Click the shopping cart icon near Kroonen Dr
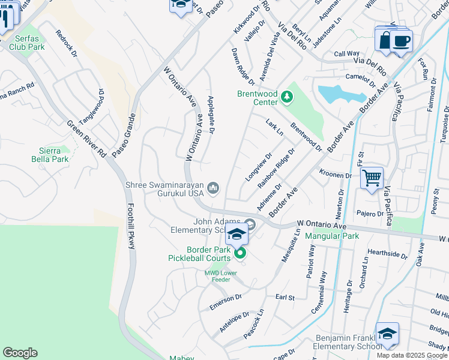point(372,178)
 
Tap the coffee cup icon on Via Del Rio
point(401,41)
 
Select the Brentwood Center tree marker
point(287,95)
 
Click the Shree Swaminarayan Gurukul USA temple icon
point(212,189)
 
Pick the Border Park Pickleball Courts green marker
point(240,254)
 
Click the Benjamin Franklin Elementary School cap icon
point(387,334)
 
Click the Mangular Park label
point(332,236)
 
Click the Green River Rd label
point(86,138)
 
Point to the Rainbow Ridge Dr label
point(276,167)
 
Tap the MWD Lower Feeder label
point(221,276)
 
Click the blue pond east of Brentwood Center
point(340,94)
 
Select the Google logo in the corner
point(20,353)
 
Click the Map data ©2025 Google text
point(411,355)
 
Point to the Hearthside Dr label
point(387,254)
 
